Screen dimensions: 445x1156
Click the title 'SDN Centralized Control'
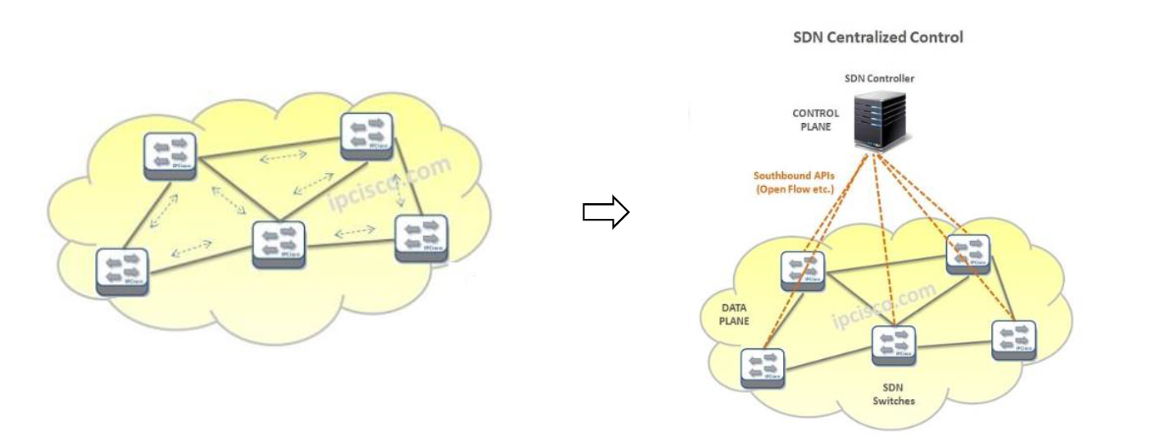[x=877, y=37]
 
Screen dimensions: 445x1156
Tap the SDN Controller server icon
[x=880, y=119]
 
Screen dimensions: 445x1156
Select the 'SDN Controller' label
[x=879, y=79]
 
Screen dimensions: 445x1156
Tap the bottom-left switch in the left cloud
[x=122, y=271]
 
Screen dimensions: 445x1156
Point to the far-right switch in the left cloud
[x=421, y=238]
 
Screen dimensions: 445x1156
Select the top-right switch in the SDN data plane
[x=968, y=254]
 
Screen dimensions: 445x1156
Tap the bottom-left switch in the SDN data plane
[x=762, y=368]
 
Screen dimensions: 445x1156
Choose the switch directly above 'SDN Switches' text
[x=893, y=347]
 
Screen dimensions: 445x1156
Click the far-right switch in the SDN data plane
[x=1014, y=340]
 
